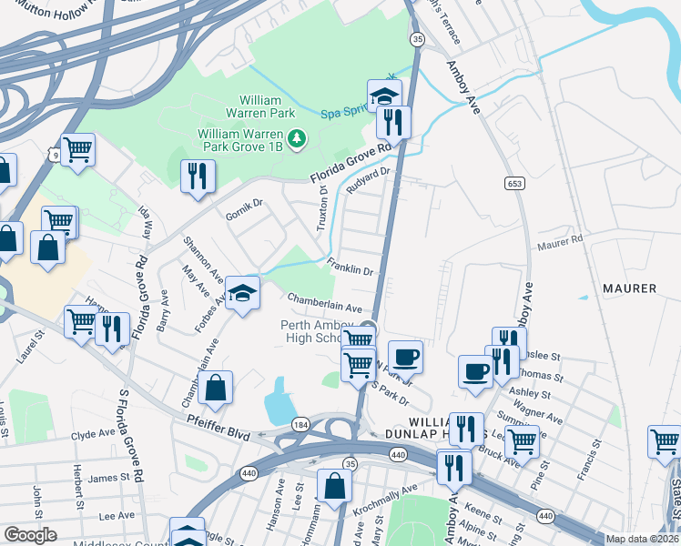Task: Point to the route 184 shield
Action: [300, 425]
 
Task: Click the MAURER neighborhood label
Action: [629, 288]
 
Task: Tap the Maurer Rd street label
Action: [559, 242]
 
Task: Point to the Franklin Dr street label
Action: [351, 267]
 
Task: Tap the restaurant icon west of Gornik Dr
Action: [198, 175]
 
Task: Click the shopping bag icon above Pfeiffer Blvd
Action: [215, 388]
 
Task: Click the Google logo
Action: [30, 534]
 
